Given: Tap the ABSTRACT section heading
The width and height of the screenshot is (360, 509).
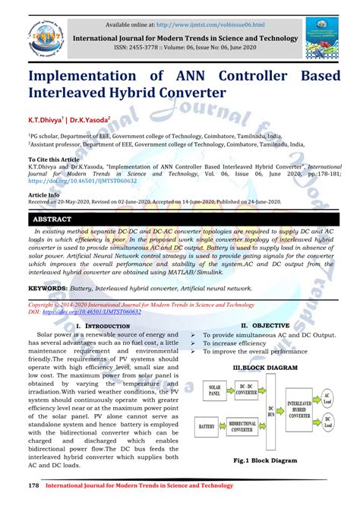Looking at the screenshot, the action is pos(52,219).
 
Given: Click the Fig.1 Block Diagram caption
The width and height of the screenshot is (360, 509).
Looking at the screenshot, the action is pos(264,460).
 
